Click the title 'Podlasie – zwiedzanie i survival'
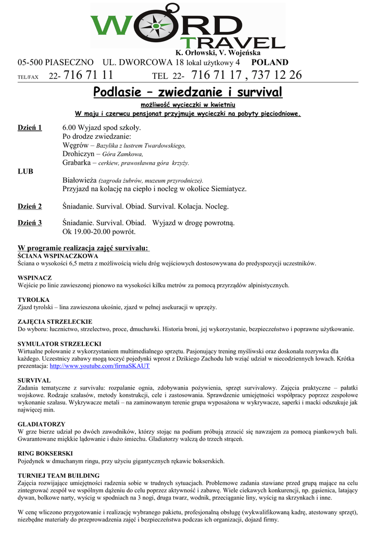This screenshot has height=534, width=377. click(188, 92)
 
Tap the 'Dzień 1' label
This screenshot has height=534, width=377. click(30, 127)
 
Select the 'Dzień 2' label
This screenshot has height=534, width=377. click(30, 207)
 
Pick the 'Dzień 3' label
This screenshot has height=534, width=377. click(30, 223)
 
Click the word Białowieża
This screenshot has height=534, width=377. click(80, 180)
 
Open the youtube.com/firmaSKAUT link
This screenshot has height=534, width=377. click(99, 366)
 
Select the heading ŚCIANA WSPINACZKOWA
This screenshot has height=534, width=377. click(58, 257)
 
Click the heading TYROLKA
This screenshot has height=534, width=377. click(34, 300)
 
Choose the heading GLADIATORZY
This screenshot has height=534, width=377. click(42, 424)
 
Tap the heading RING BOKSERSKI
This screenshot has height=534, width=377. click(45, 453)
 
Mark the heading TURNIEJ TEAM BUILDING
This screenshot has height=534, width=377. click(59, 475)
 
